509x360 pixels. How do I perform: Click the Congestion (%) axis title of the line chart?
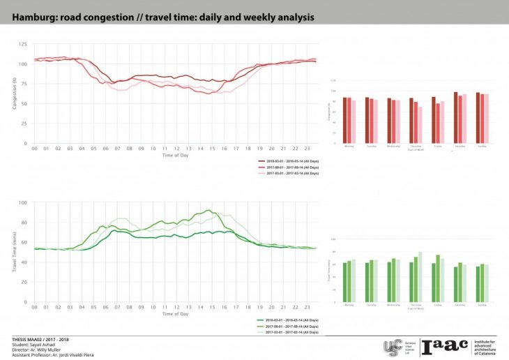pyautogui.click(x=15, y=93)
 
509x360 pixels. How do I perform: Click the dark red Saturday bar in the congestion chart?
pyautogui.click(x=456, y=117)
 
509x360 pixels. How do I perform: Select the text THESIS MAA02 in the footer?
pyautogui.click(x=26, y=339)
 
